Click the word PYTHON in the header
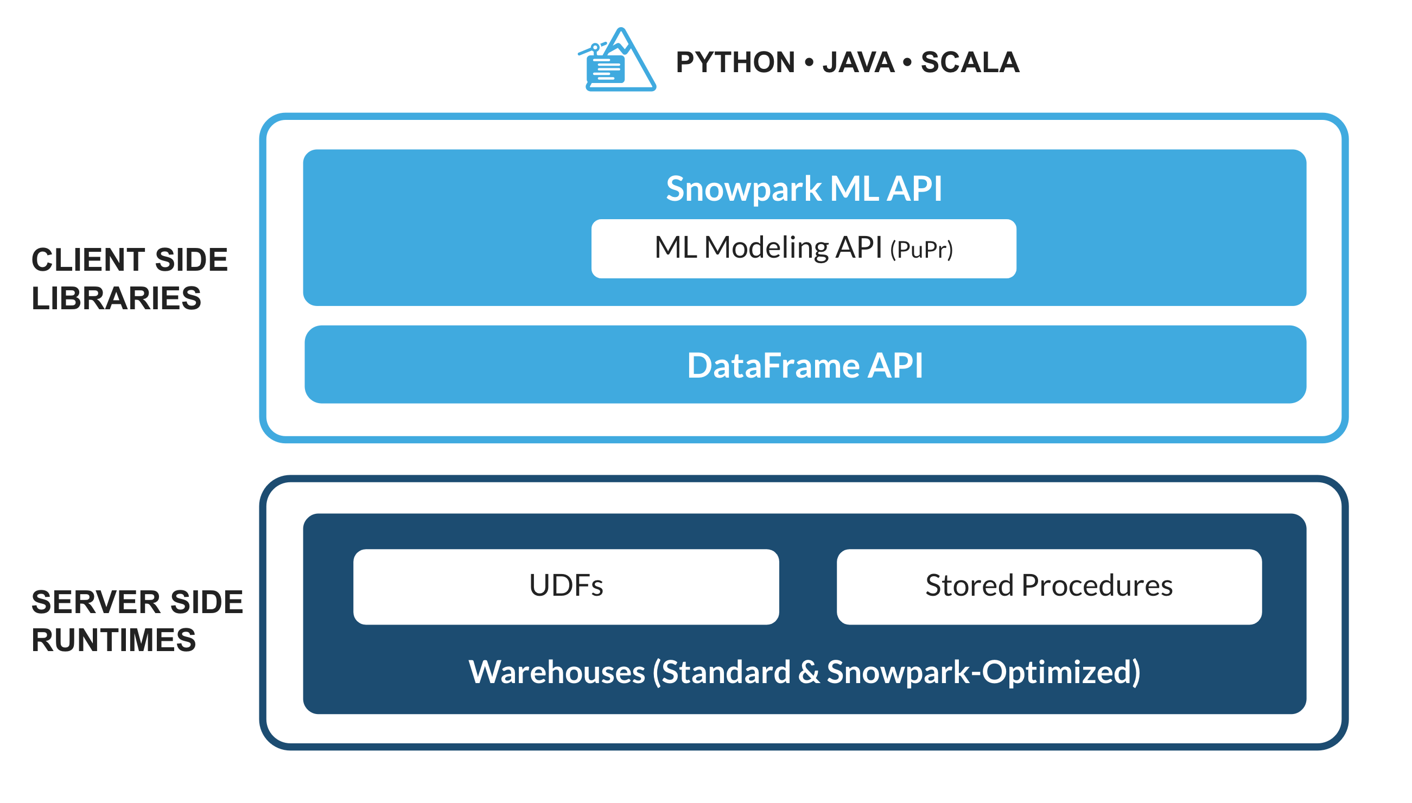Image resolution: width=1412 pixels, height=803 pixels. (735, 62)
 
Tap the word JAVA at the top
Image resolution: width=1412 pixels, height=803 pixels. (858, 62)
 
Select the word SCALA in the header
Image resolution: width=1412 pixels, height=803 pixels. (970, 62)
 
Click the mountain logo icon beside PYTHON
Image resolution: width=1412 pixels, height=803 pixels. (616, 61)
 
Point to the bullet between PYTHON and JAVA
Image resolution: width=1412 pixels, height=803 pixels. (809, 62)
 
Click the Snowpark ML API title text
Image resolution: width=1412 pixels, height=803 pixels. (804, 189)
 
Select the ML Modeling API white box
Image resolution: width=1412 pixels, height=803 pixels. (803, 248)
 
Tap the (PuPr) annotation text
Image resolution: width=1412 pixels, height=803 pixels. (921, 250)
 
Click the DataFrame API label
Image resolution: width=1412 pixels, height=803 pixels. (805, 365)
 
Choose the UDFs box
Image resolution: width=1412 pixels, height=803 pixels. (566, 586)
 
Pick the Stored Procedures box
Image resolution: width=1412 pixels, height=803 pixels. (1048, 586)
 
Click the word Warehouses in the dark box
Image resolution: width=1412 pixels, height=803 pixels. (557, 672)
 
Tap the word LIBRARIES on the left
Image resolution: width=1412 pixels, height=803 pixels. (116, 298)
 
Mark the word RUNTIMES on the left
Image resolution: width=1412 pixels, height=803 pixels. (113, 640)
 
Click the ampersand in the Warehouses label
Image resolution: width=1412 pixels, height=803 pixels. (809, 672)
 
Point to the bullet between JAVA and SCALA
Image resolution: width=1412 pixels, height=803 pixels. (907, 62)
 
